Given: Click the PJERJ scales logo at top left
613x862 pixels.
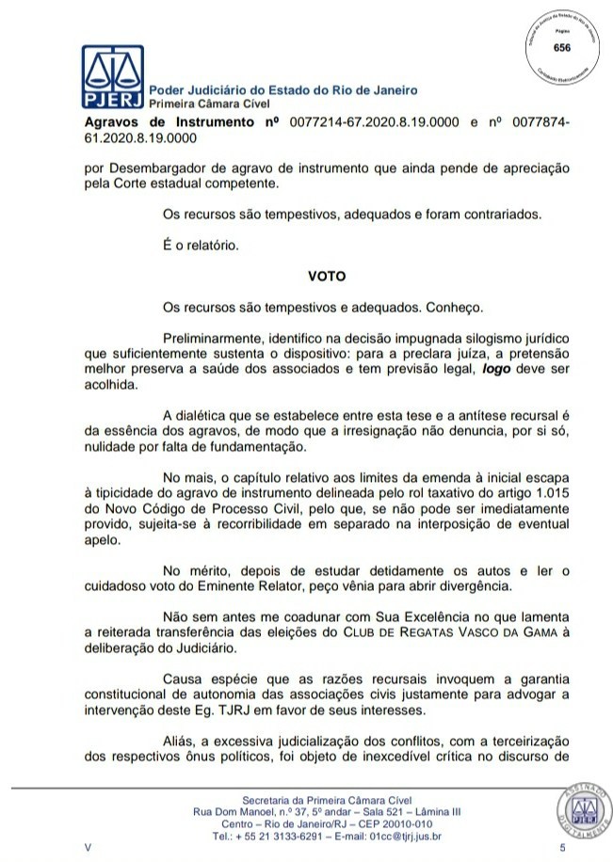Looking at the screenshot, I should point(109,78).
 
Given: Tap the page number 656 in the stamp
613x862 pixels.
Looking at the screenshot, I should point(561,47).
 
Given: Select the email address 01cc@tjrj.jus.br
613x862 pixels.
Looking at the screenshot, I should point(388,835).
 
